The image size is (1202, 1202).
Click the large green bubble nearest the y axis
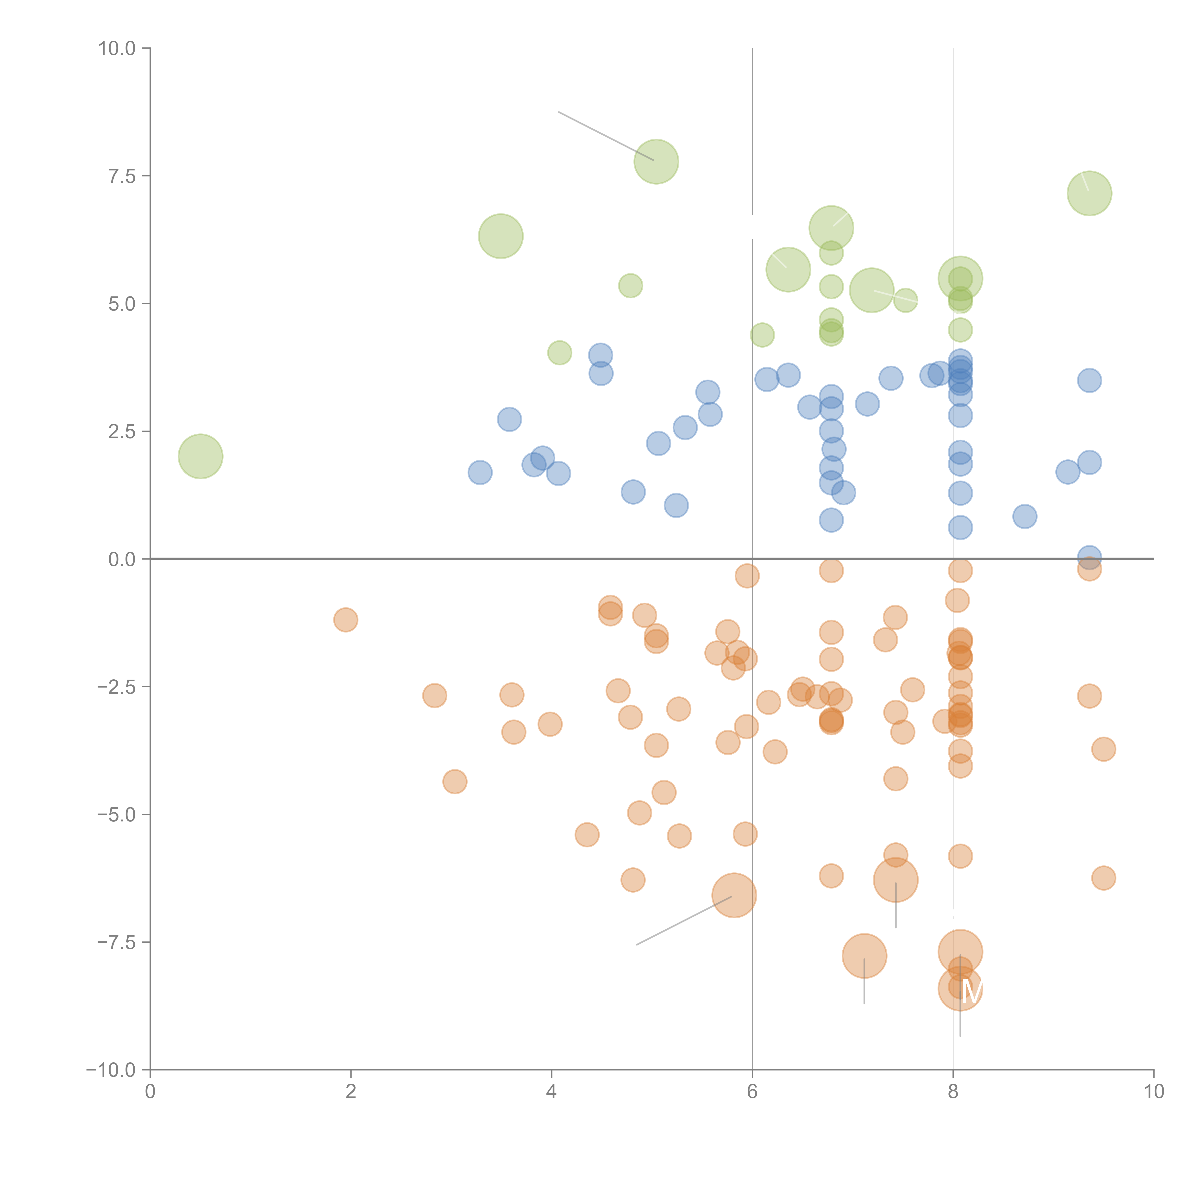tap(200, 456)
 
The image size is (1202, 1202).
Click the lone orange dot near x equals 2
tap(345, 620)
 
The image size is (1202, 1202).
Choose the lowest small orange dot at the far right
tap(1103, 878)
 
